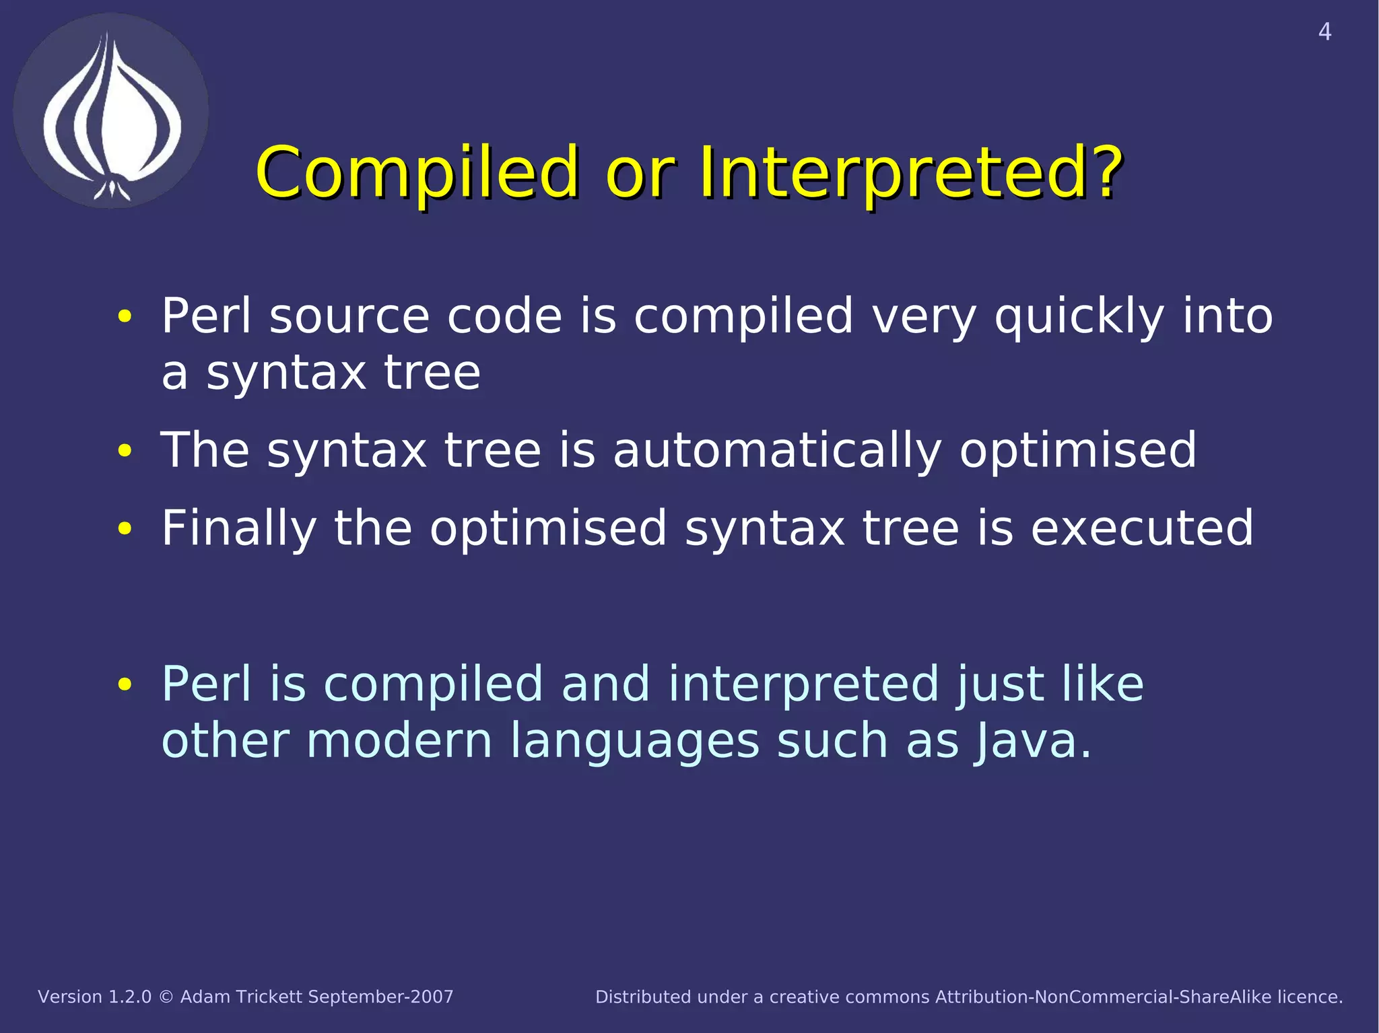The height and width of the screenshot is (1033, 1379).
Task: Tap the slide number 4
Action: pyautogui.click(x=1324, y=32)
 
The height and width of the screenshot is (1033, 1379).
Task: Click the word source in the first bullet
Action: pyautogui.click(x=349, y=316)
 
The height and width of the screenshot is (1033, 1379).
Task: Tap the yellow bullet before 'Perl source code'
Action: pyautogui.click(x=125, y=316)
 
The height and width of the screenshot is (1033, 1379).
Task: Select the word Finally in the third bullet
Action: pyautogui.click(x=238, y=528)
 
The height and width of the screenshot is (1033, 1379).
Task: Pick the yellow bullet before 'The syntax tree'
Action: pyautogui.click(x=125, y=451)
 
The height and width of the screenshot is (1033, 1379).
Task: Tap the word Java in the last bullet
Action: pyautogui.click(x=1023, y=741)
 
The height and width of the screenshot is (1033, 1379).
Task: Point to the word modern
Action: pyautogui.click(x=399, y=741)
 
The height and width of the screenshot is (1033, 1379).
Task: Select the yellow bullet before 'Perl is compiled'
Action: pyautogui.click(x=125, y=684)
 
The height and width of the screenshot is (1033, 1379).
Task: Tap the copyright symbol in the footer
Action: pyautogui.click(x=166, y=997)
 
